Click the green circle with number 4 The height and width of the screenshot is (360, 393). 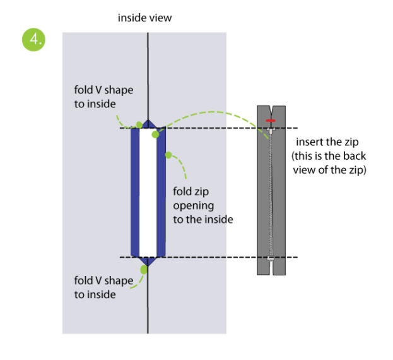coord(33,40)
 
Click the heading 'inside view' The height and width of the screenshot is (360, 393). coord(144,18)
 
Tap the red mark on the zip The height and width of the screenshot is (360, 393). coord(270,119)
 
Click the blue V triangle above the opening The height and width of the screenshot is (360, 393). coord(148,124)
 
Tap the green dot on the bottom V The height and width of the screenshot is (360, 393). coord(144,270)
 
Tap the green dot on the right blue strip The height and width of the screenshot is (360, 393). coord(168,155)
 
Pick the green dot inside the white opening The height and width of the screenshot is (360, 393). coord(155,133)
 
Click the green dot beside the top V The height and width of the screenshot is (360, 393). coord(139,124)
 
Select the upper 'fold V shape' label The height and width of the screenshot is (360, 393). coord(104,96)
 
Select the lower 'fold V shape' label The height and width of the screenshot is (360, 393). coord(104,287)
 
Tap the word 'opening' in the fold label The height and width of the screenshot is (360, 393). coord(193,206)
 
